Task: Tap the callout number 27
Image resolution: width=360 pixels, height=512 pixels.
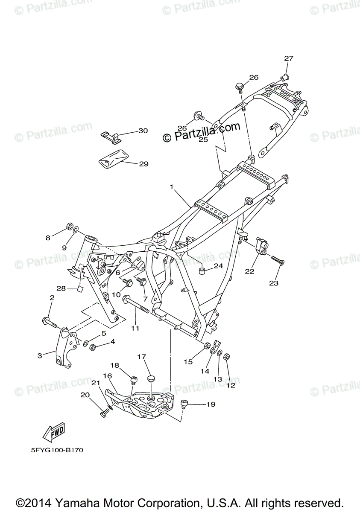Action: (289, 58)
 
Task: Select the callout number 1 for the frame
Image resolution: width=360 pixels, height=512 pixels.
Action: (171, 187)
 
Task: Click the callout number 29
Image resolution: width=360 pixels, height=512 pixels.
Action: (143, 164)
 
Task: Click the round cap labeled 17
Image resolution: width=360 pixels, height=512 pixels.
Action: (150, 379)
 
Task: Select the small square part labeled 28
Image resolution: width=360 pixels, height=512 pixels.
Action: (79, 290)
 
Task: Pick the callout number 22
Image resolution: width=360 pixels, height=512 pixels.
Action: (249, 271)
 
